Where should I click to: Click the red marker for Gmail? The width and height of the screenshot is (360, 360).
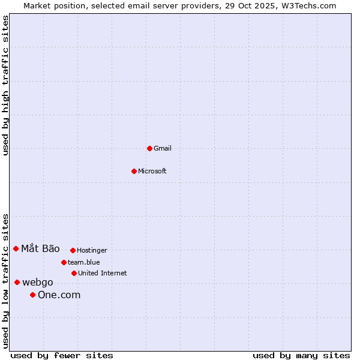coord(149,148)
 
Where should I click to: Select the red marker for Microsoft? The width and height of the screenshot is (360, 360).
coord(134,171)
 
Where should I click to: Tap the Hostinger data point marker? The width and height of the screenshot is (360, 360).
coord(73,250)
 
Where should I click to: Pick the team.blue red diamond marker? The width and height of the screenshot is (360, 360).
coord(64,262)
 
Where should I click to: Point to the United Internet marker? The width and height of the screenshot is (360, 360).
coord(74,273)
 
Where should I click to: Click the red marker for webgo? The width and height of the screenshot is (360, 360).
coord(17,282)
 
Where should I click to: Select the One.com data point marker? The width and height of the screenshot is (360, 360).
coord(32,295)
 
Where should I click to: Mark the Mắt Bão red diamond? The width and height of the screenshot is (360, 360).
coord(16,248)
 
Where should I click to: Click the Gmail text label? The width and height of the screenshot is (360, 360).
coord(163,148)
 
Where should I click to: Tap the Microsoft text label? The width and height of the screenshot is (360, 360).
coord(152,171)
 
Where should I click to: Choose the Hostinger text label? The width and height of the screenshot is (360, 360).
coord(92,250)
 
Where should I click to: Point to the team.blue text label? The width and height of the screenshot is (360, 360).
coord(84,262)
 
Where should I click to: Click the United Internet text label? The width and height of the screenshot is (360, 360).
coord(103,273)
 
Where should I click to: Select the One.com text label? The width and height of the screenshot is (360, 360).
coord(59,295)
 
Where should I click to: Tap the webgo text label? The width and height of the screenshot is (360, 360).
coord(38,282)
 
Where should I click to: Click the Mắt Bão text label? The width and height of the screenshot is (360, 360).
coord(40,248)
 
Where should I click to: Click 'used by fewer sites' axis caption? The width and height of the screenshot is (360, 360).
coord(62,355)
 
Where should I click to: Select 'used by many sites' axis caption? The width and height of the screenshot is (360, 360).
coord(301,355)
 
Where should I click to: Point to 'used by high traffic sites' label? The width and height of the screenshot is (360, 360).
coord(5,85)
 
